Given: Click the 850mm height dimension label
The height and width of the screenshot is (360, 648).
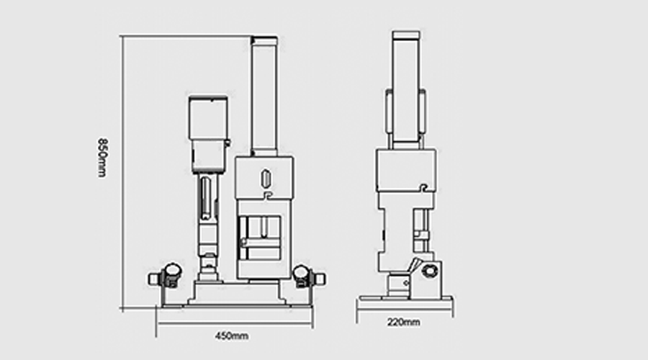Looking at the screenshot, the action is [102, 158].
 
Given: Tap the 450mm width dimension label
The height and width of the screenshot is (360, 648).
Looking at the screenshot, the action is [232, 336].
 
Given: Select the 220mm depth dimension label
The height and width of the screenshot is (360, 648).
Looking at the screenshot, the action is [404, 322].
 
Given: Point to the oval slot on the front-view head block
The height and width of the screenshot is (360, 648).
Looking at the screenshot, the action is [265, 178].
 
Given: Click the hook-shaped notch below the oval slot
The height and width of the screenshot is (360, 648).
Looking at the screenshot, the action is [269, 194].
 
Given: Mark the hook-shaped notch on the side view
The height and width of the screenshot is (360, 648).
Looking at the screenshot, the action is [423, 188].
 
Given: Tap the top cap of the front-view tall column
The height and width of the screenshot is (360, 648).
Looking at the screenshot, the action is [264, 41].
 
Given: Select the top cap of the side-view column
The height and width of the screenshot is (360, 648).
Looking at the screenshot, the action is [407, 35].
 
